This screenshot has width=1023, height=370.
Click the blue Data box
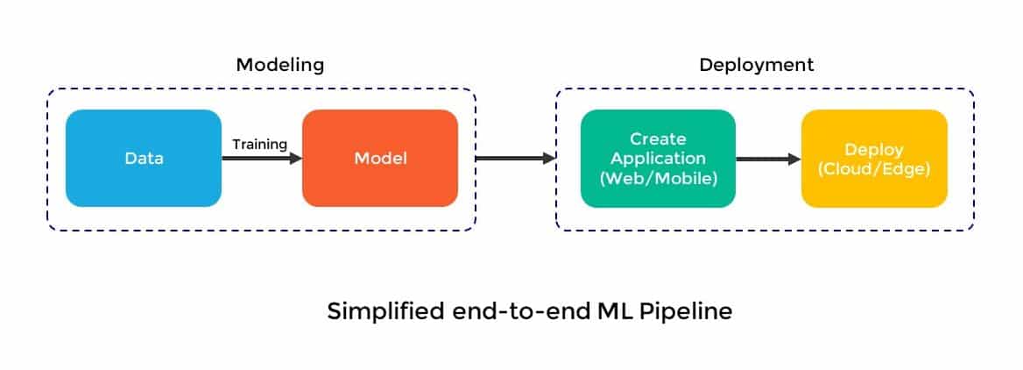(x=144, y=158)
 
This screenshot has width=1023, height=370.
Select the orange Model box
(x=380, y=158)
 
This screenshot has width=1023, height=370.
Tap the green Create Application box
(x=658, y=158)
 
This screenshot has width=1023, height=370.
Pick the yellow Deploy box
(x=874, y=158)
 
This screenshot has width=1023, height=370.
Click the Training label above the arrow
(x=259, y=144)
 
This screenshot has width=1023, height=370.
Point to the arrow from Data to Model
(x=262, y=158)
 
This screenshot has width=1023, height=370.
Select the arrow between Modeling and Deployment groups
(x=515, y=158)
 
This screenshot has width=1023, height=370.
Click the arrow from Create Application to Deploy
(x=768, y=159)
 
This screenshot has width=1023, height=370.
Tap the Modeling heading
(x=280, y=65)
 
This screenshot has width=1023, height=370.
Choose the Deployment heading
(x=756, y=65)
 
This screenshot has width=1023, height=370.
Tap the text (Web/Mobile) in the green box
(x=659, y=178)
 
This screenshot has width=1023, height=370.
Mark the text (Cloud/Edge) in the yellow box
(x=874, y=168)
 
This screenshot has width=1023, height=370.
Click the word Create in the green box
(x=658, y=139)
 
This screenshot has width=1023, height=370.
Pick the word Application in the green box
(x=659, y=159)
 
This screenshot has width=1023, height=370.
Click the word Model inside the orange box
(x=380, y=158)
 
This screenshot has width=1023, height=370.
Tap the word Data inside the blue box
(x=145, y=158)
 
